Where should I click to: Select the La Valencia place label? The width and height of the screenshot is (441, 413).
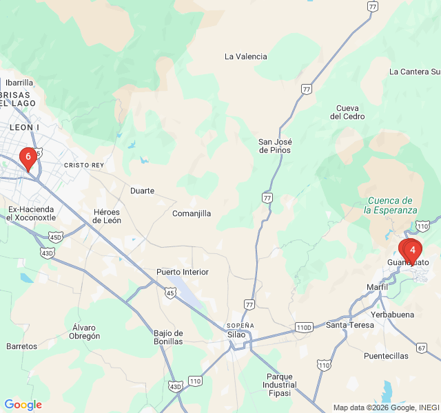246,56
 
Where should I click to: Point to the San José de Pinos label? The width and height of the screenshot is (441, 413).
274,146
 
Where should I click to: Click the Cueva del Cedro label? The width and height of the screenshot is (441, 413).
347,112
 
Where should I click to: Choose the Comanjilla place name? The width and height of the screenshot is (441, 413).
192,213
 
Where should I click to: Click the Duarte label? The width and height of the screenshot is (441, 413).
142,191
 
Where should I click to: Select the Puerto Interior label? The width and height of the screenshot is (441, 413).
183,272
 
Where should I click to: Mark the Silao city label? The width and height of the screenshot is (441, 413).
236,335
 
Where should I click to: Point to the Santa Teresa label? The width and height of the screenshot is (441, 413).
350,325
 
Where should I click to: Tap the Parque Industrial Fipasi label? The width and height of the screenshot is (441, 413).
280,385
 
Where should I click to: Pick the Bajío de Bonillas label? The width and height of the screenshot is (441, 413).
169,337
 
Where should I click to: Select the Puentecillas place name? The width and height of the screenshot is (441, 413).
387,356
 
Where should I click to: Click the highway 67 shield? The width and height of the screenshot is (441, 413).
421,348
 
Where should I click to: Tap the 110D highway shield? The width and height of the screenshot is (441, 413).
304,327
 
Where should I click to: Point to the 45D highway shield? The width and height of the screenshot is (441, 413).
56,237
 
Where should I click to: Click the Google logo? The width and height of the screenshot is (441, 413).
23,405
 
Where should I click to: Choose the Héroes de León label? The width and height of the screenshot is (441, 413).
107,216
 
